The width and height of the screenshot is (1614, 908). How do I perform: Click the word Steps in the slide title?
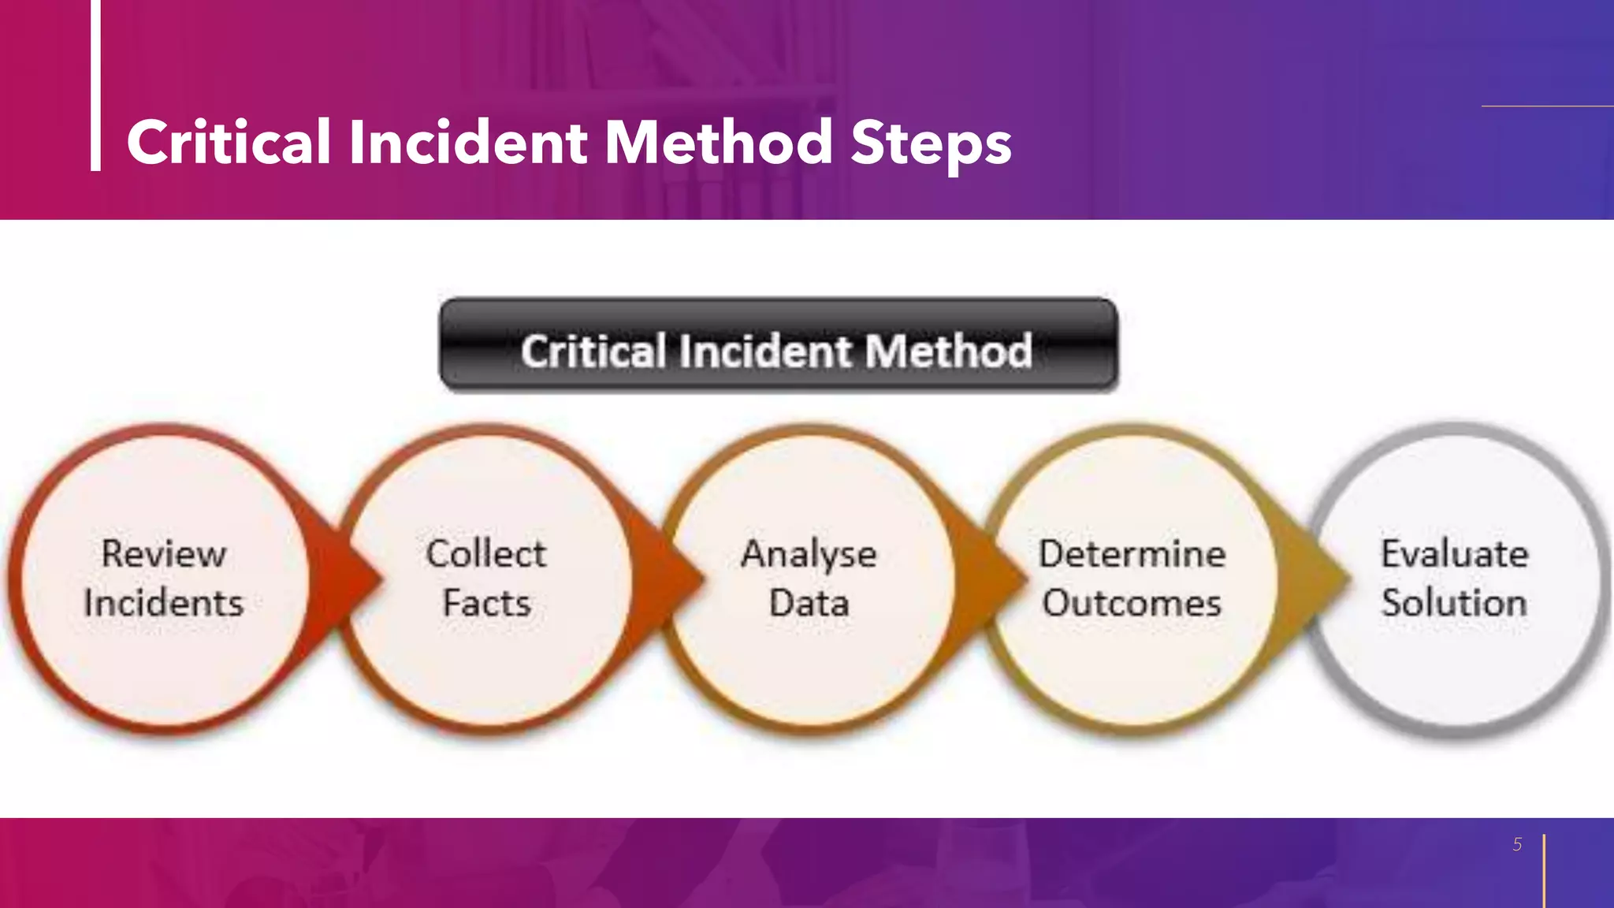coord(931,143)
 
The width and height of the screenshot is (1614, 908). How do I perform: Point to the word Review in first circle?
coord(164,553)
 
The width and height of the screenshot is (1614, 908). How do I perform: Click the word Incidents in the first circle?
coord(164,603)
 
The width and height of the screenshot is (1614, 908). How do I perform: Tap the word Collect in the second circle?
coord(486,553)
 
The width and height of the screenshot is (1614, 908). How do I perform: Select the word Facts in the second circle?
coord(486,603)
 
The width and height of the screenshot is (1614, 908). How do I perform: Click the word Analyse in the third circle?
coord(809,555)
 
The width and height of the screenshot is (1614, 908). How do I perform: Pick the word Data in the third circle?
coord(809,603)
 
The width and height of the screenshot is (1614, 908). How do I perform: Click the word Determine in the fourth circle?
coord(1132,553)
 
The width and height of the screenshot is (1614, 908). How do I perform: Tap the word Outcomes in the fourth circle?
coord(1132,603)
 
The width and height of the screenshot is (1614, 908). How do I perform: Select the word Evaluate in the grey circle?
coord(1454,553)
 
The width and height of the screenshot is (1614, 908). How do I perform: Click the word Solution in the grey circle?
coord(1454,603)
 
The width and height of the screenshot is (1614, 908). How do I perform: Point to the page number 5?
coord(1517,844)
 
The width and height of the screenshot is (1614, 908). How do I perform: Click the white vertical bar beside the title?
coord(95,85)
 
